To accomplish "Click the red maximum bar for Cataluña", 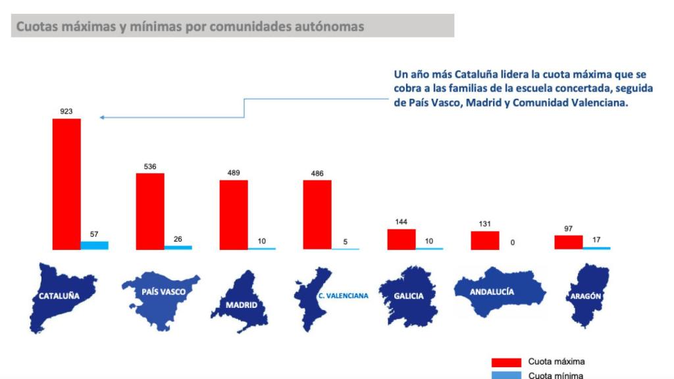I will point(66,184).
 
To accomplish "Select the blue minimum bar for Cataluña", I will point(94,245).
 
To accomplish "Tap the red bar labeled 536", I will point(150,211).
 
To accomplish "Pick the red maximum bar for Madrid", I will point(234,215).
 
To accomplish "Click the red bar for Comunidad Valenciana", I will point(317,215).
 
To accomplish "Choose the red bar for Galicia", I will point(401,239).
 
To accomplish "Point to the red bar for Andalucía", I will point(484,240).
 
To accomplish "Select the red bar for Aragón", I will point(568,242).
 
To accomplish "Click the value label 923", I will point(66,113).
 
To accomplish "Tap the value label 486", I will point(317,174).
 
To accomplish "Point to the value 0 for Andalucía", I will point(512,243).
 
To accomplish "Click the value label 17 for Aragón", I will point(596,240).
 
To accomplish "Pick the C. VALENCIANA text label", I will point(343,296).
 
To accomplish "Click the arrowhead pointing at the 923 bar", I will point(103,118).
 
